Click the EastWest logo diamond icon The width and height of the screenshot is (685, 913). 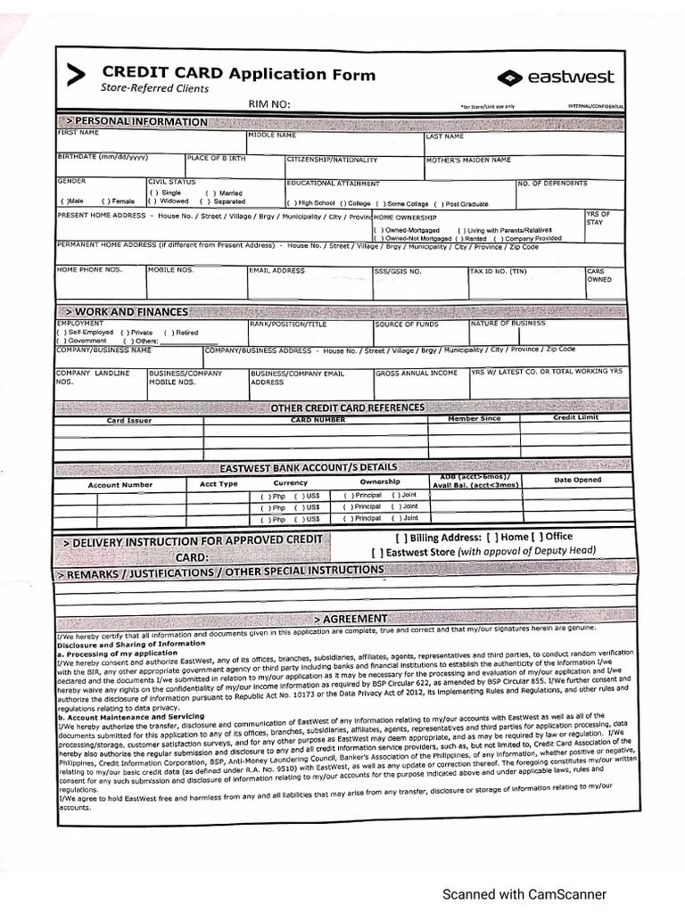coord(510,78)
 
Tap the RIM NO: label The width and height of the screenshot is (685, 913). coord(268,104)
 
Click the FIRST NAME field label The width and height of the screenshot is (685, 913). coord(78,134)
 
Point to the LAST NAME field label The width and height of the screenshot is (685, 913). coord(444,136)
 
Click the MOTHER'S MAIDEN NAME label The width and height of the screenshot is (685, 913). coord(467,160)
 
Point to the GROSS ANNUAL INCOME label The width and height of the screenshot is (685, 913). coord(417,373)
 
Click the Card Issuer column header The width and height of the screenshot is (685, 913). coord(129,421)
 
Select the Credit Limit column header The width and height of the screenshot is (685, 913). coord(575,417)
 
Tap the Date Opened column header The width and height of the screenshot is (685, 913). coord(577,480)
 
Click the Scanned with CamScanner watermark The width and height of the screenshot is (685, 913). coord(524,894)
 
